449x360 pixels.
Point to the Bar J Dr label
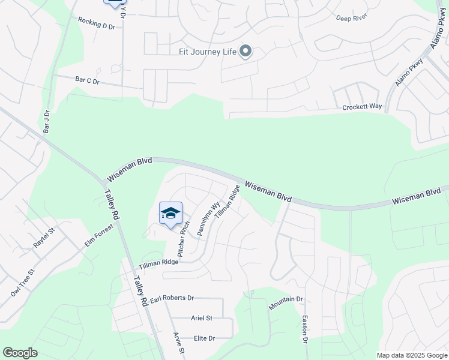click(x=47, y=121)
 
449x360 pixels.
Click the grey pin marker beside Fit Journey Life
click(x=245, y=51)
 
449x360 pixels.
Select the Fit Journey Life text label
click(x=207, y=52)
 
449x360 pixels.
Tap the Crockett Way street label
click(x=362, y=107)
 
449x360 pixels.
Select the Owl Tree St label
click(x=23, y=282)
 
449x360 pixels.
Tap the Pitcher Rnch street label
click(x=183, y=236)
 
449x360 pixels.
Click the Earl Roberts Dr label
click(x=172, y=298)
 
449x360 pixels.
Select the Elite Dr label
click(x=203, y=338)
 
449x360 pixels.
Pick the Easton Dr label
click(x=305, y=329)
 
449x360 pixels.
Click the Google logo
click(x=20, y=353)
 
